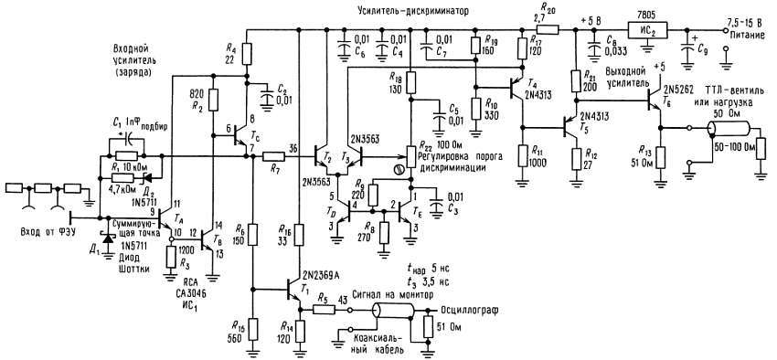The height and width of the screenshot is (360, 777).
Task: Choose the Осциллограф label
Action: coord(467,310)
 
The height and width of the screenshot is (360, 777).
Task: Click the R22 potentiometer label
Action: coord(424,145)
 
